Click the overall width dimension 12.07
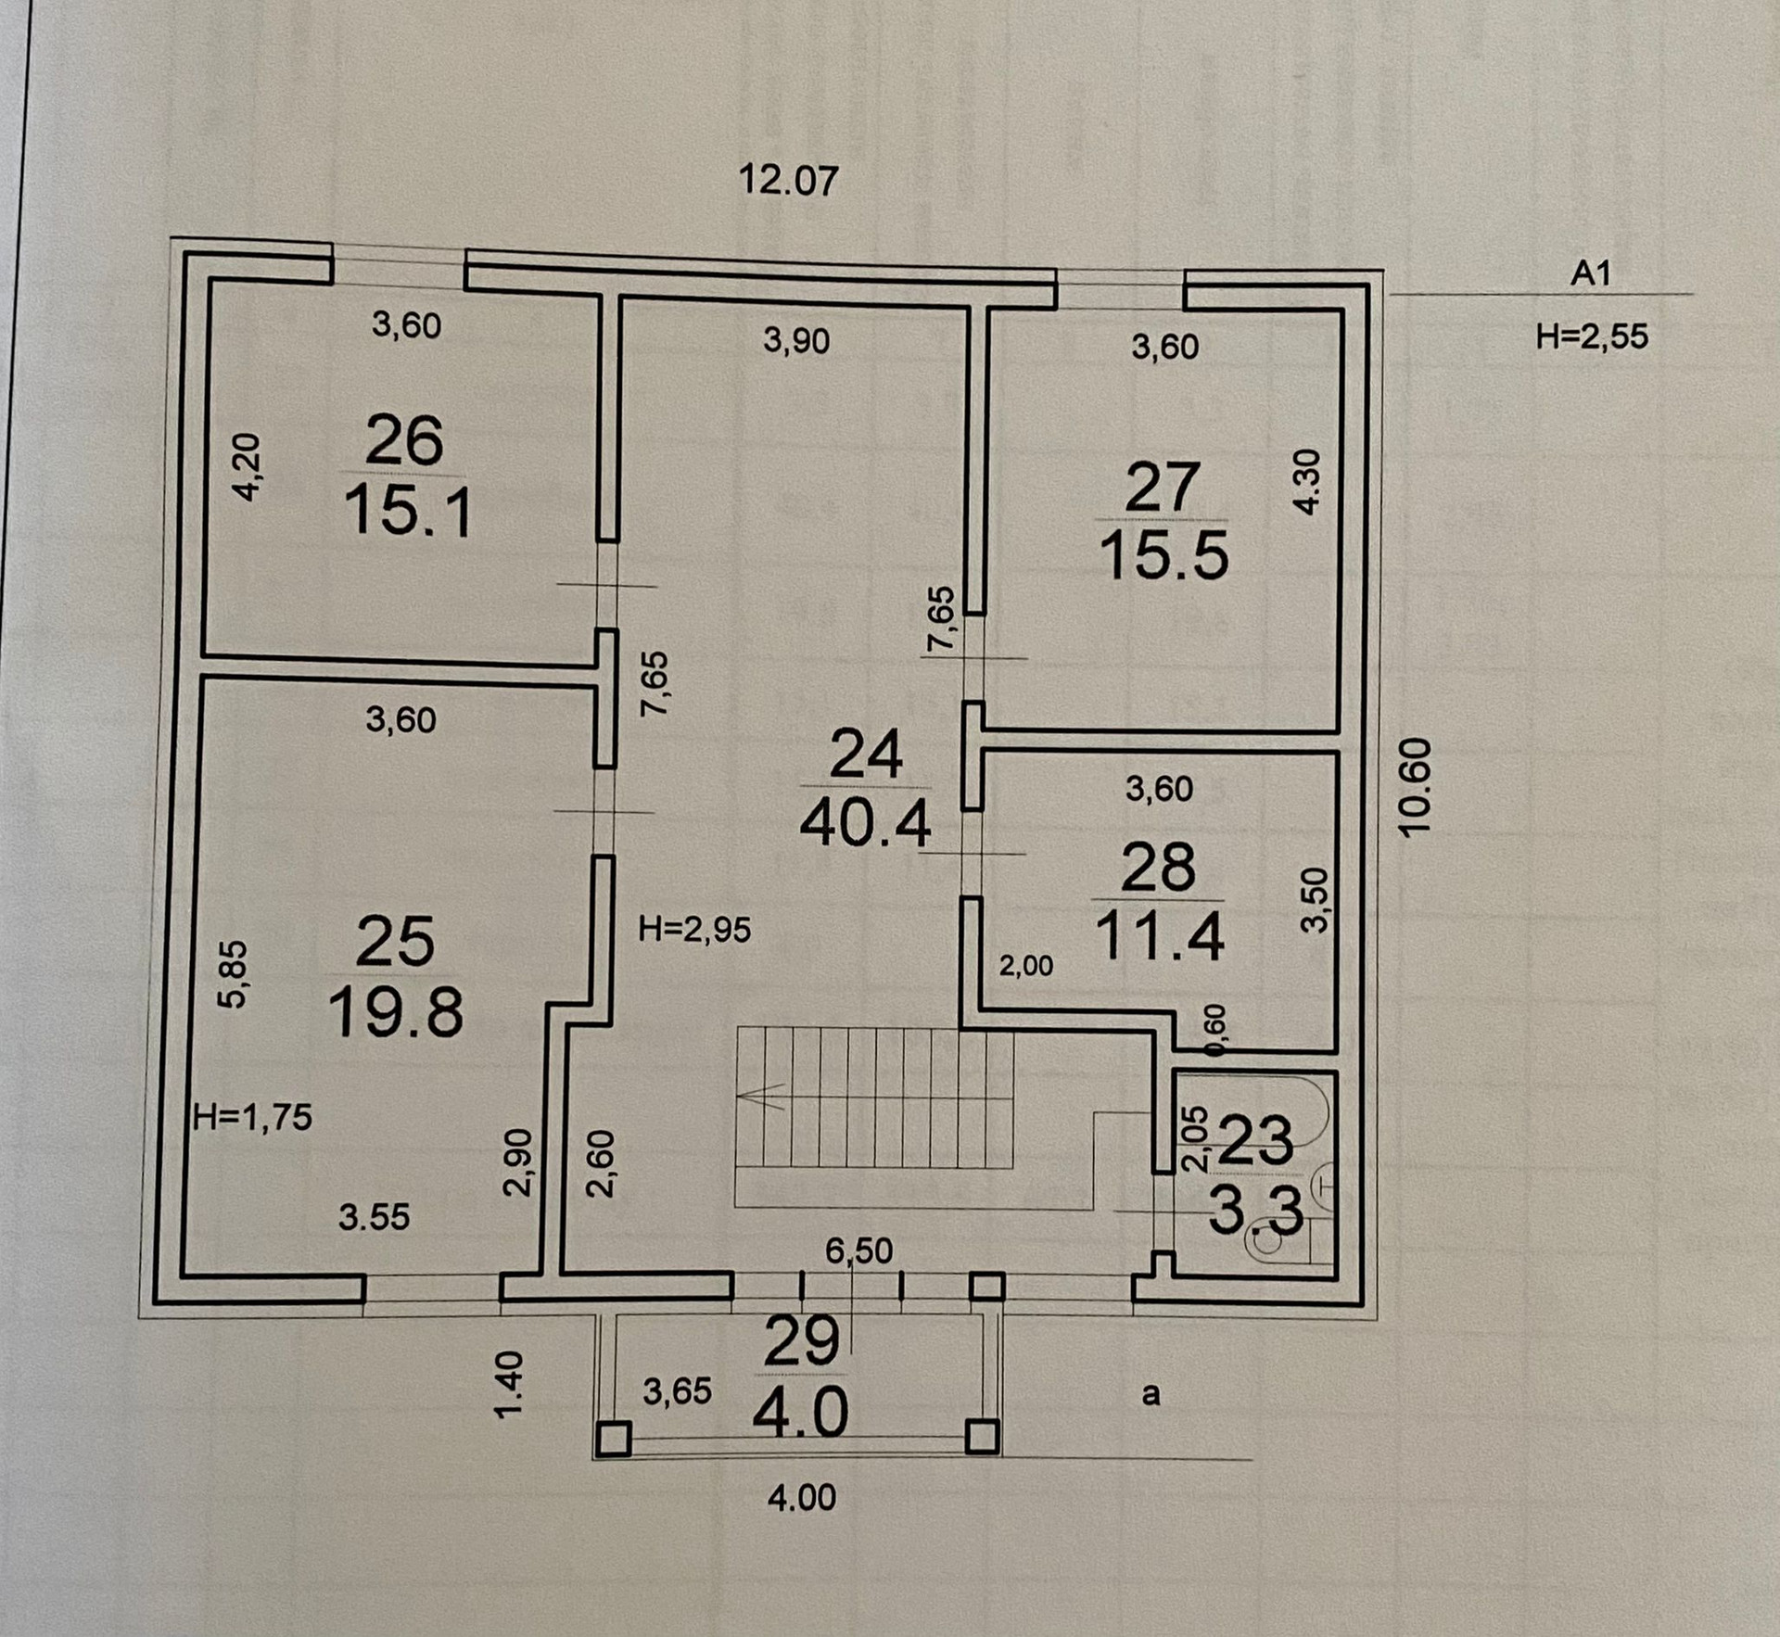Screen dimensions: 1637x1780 pyautogui.click(x=788, y=180)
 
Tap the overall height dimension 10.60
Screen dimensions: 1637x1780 pyautogui.click(x=1417, y=787)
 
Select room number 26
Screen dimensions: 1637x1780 pyautogui.click(x=404, y=441)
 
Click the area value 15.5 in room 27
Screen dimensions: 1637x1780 pyautogui.click(x=1164, y=556)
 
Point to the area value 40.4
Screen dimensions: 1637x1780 pyautogui.click(x=865, y=823)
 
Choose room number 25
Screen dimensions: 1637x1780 pyautogui.click(x=395, y=941)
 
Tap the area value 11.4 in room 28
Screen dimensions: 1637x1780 pyautogui.click(x=1160, y=936)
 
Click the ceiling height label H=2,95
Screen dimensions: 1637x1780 pyautogui.click(x=695, y=929)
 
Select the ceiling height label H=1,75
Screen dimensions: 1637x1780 pyautogui.click(x=253, y=1117)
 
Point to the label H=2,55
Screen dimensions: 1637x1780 pyautogui.click(x=1592, y=336)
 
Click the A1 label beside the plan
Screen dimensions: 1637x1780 pyautogui.click(x=1591, y=273)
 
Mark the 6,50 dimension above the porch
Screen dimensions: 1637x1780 pyautogui.click(x=859, y=1250)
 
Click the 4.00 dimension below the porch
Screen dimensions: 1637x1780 pyautogui.click(x=802, y=1497)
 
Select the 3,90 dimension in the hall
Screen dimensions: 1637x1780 pyautogui.click(x=796, y=341)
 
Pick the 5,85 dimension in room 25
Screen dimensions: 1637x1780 pyautogui.click(x=233, y=973)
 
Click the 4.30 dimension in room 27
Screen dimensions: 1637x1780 pyautogui.click(x=1305, y=481)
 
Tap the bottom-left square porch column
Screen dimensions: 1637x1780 pyautogui.click(x=614, y=1439)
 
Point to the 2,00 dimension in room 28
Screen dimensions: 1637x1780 pyautogui.click(x=1025, y=966)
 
